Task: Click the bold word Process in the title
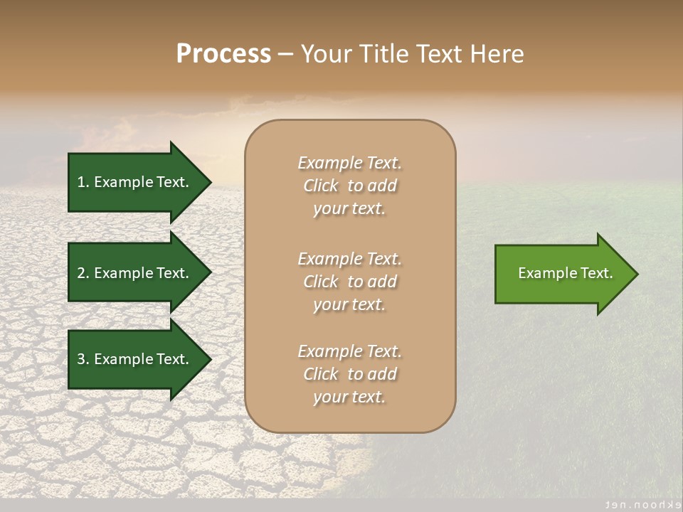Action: click(x=223, y=54)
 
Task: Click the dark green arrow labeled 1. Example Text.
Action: click(x=135, y=182)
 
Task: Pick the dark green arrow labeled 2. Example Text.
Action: click(x=135, y=273)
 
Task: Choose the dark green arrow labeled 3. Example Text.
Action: click(x=135, y=359)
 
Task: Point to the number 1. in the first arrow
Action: click(x=83, y=182)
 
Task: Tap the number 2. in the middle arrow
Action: click(x=83, y=273)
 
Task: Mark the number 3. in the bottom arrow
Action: click(x=83, y=359)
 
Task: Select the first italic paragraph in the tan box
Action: click(x=349, y=186)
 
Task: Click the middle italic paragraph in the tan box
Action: click(x=349, y=282)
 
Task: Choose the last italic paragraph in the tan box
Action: click(x=349, y=374)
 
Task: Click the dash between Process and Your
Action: click(x=285, y=55)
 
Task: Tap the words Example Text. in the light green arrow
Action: click(x=565, y=273)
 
